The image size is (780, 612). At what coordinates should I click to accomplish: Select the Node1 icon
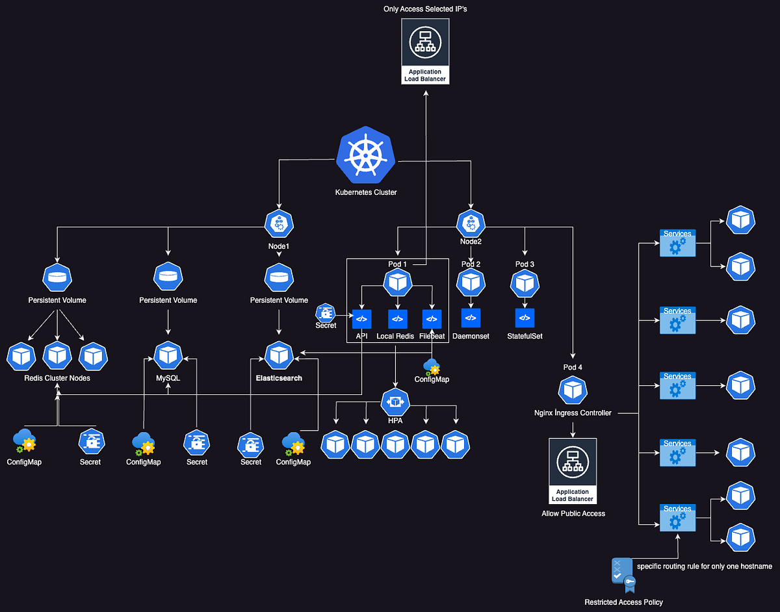279,224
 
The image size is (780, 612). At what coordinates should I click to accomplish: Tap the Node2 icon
470,224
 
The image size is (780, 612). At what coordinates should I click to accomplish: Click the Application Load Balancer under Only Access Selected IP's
425,51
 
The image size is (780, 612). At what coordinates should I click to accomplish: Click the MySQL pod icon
168,355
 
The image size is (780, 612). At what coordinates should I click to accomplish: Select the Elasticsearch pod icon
279,355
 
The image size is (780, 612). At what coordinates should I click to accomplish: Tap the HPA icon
395,403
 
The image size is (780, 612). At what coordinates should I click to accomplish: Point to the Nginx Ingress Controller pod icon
572,390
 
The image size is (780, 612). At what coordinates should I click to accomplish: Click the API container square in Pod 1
361,319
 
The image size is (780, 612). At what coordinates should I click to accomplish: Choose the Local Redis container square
398,319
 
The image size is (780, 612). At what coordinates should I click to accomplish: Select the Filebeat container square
432,319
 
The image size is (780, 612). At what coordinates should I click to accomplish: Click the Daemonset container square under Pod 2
471,318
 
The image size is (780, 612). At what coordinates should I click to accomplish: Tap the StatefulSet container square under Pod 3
525,318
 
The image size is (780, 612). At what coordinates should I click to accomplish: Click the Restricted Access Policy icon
622,573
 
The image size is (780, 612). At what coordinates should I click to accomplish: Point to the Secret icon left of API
325,312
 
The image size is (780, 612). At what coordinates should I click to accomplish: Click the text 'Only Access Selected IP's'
424,8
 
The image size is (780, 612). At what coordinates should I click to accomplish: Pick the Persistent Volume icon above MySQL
168,278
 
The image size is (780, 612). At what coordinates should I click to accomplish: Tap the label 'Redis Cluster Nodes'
57,378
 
